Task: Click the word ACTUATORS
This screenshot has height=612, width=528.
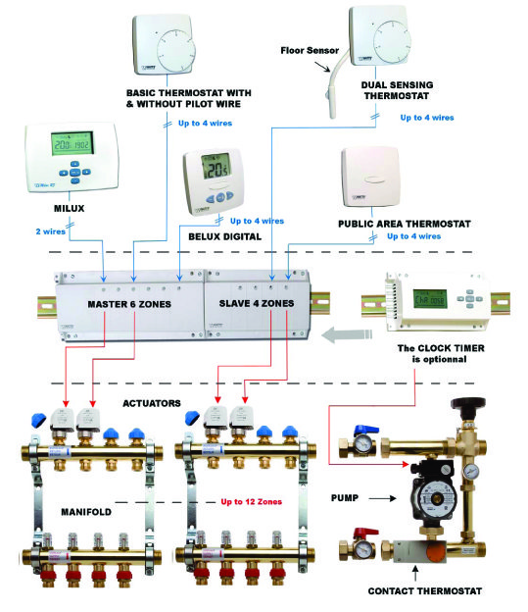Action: click(152, 402)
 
